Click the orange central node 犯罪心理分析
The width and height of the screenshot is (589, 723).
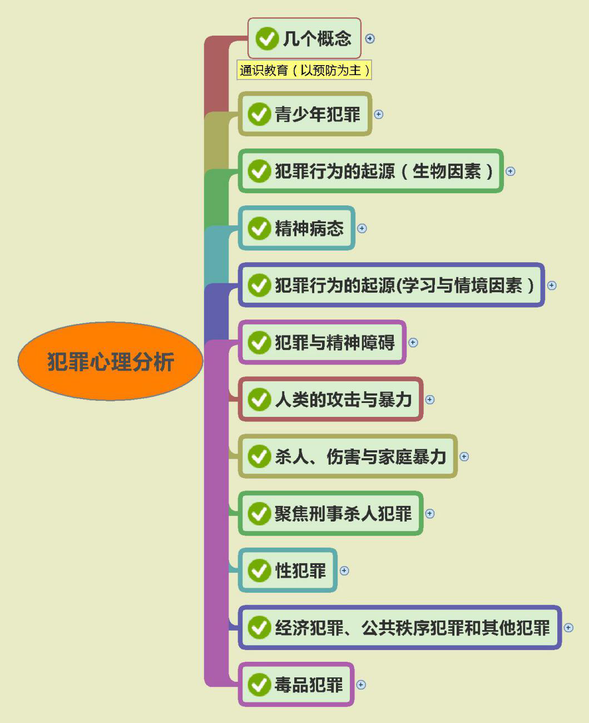pyautogui.click(x=110, y=362)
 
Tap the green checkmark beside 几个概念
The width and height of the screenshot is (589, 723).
pyautogui.click(x=266, y=38)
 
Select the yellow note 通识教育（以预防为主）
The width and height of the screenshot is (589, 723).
pyautogui.click(x=304, y=70)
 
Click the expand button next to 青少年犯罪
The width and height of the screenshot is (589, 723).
pyautogui.click(x=379, y=114)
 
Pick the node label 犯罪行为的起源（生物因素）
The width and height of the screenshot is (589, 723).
pyautogui.click(x=384, y=171)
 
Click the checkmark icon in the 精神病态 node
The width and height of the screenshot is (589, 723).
pyautogui.click(x=259, y=228)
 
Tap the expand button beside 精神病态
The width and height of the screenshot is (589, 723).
pyautogui.click(x=362, y=228)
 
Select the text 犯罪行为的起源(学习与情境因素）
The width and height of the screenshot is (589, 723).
pyautogui.click(x=404, y=285)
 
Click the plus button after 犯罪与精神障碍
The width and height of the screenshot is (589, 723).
pyautogui.click(x=413, y=342)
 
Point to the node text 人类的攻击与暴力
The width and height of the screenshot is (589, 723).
pyautogui.click(x=343, y=400)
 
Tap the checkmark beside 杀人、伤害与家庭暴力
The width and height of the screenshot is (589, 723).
pyautogui.click(x=259, y=456)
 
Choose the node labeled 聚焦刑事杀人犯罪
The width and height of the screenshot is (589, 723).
pyautogui.click(x=343, y=513)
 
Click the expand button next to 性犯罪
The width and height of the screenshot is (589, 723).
pyautogui.click(x=344, y=570)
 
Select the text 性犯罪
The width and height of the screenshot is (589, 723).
pyautogui.click(x=300, y=570)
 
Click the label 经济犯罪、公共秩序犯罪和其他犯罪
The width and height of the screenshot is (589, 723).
pyautogui.click(x=412, y=627)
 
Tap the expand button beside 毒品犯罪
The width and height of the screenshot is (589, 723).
pyautogui.click(x=361, y=685)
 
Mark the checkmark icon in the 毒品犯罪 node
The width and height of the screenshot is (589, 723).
pyautogui.click(x=259, y=685)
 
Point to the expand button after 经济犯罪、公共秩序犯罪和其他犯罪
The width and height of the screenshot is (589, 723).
pyautogui.click(x=568, y=627)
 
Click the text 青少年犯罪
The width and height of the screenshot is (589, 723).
pyautogui.click(x=318, y=114)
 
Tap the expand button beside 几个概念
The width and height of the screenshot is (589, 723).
pyautogui.click(x=370, y=38)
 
